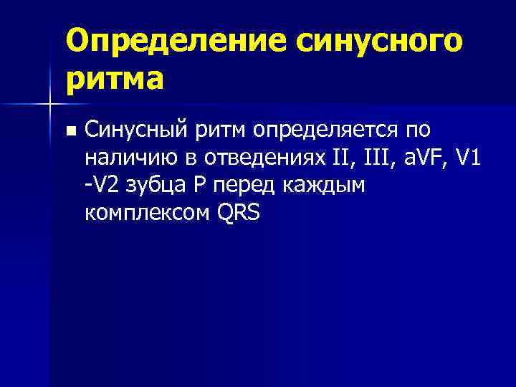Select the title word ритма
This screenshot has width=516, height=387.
click(115, 78)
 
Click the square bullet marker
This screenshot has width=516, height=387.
click(69, 131)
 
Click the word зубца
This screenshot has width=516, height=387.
click(153, 186)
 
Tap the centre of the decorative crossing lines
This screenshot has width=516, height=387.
click(49, 105)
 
